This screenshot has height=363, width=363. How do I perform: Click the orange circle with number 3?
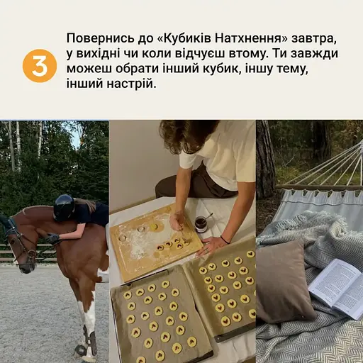tap(39, 67)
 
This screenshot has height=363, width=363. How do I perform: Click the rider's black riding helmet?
tap(64, 206)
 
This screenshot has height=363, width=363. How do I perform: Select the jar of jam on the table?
tap(201, 224)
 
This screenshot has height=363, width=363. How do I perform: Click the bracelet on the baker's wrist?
tap(225, 239)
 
